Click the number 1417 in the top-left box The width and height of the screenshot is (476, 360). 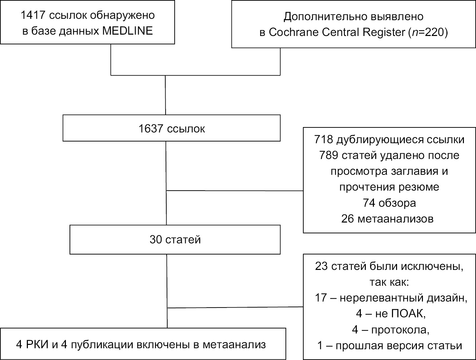pos(33,15)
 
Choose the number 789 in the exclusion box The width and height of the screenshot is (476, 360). pos(329,155)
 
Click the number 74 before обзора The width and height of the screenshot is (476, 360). pos(369,203)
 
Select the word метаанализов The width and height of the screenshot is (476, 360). pos(395,219)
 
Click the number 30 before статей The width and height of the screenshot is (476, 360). pos(156,240)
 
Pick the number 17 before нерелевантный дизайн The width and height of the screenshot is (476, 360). pos(321,298)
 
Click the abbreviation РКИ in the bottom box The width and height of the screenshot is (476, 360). pos(37,345)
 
